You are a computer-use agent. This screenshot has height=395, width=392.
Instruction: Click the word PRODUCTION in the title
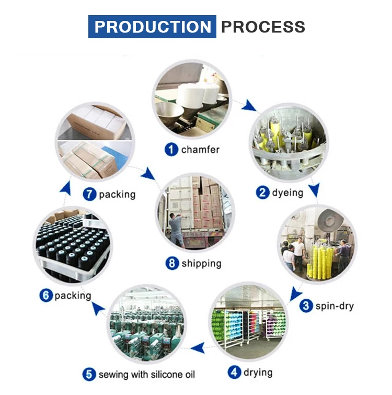(152, 27)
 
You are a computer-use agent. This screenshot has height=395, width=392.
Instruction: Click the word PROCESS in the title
(263, 27)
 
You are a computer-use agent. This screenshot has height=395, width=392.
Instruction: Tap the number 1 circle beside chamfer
(171, 150)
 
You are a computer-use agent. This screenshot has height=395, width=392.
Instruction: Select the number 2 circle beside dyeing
(262, 193)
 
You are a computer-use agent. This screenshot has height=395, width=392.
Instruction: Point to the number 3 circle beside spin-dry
(306, 306)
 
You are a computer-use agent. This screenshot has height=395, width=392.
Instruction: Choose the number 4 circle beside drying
(235, 373)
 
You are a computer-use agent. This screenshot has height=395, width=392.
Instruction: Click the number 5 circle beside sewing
(89, 375)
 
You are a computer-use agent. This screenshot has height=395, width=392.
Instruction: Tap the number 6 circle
(46, 296)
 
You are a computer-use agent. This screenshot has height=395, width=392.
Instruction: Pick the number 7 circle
(90, 194)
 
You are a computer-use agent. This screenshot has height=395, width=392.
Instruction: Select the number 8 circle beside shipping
(172, 263)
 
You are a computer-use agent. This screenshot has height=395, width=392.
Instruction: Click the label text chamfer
(201, 150)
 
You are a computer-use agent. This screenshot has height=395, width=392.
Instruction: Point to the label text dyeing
(287, 193)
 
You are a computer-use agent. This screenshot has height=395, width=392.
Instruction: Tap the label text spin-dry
(335, 306)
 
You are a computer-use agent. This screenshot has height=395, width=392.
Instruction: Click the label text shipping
(202, 263)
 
